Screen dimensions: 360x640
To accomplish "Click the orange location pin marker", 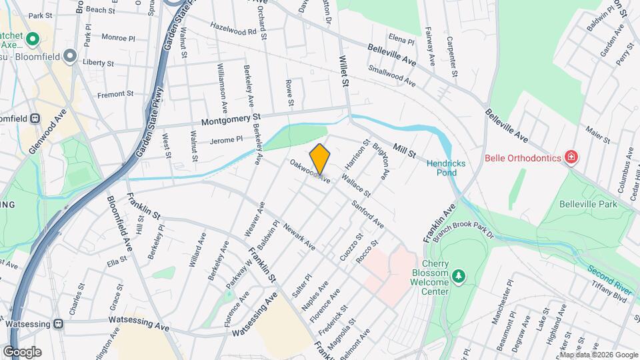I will pyautogui.click(x=320, y=160).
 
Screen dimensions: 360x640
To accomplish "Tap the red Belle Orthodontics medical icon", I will pyautogui.click(x=571, y=158).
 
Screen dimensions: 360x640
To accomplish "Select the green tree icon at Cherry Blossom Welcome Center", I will pyautogui.click(x=458, y=275).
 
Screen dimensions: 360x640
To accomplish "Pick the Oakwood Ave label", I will pyautogui.click(x=310, y=171).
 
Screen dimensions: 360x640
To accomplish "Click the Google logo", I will pyautogui.click(x=22, y=351).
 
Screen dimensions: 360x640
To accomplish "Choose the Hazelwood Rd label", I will pyautogui.click(x=233, y=31).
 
